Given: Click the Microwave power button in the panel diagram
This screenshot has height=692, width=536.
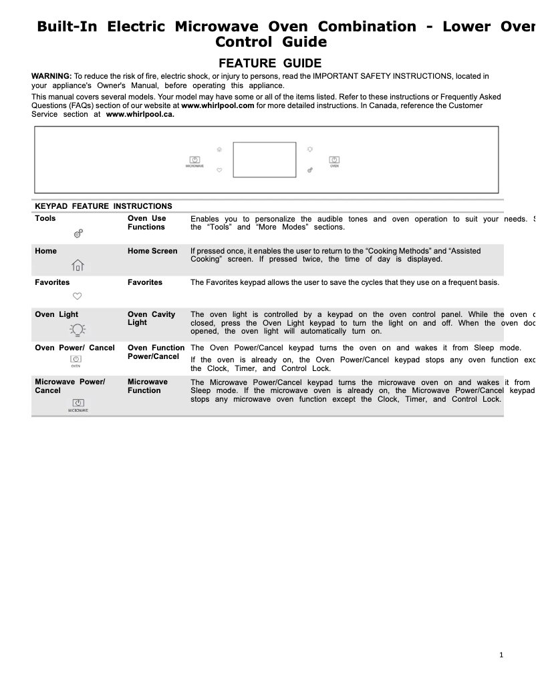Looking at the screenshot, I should (x=194, y=160).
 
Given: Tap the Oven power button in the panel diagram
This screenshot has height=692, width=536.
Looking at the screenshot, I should (x=334, y=160).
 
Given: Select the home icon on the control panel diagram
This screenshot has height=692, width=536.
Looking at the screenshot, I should (x=219, y=149).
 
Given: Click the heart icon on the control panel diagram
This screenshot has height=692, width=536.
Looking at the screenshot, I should (x=219, y=171).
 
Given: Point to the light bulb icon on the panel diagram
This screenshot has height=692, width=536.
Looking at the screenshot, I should (x=310, y=149).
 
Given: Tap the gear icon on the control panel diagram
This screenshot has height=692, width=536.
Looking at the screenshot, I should (x=310, y=171).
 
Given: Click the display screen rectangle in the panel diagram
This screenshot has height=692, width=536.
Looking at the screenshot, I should (x=264, y=159).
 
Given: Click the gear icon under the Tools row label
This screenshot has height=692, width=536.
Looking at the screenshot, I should (x=78, y=234).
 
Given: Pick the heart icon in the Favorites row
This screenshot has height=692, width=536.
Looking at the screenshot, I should (x=78, y=296).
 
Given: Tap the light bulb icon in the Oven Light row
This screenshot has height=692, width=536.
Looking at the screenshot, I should (x=78, y=329).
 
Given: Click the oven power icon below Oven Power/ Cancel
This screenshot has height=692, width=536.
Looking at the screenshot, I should (x=76, y=360).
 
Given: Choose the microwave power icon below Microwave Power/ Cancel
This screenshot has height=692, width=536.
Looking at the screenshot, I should (x=78, y=403).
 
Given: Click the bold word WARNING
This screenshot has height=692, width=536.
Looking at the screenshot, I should (x=51, y=77).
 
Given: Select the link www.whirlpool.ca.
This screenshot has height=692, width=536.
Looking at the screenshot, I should (x=140, y=114).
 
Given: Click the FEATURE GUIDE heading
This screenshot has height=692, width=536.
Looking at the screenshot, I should (x=271, y=63).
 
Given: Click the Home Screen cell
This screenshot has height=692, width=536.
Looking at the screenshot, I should (x=152, y=251).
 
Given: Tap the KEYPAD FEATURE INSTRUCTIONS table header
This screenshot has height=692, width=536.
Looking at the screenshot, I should (x=104, y=206).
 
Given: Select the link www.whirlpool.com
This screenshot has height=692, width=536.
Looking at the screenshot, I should (x=218, y=105).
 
